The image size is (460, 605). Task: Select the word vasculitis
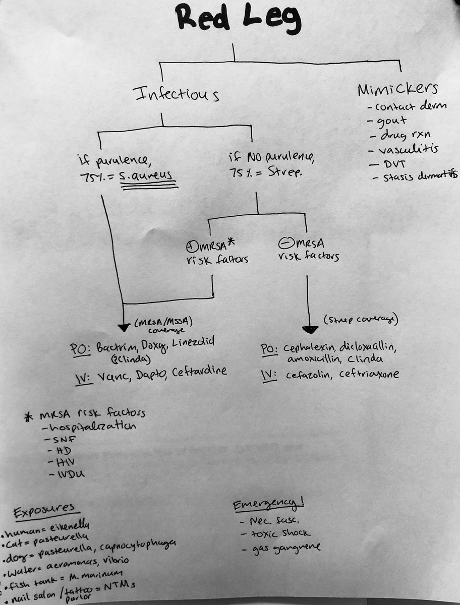pyautogui.click(x=403, y=149)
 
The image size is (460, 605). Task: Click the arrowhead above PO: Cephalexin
pyautogui.click(x=309, y=330)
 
